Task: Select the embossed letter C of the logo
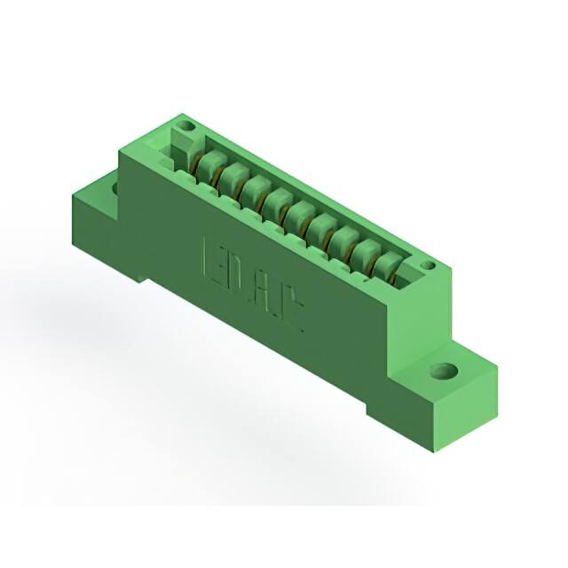pyautogui.click(x=294, y=312)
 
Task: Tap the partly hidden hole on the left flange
pyautogui.click(x=114, y=188)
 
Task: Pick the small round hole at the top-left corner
pyautogui.click(x=186, y=128)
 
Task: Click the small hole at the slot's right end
pyautogui.click(x=427, y=265)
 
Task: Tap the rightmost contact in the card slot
pyautogui.click(x=387, y=266)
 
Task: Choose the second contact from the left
pyautogui.click(x=233, y=177)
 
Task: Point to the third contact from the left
pyautogui.click(x=256, y=189)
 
